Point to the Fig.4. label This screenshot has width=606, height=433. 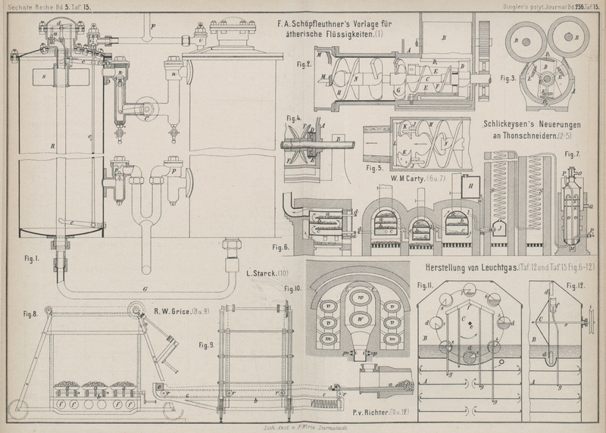[295, 119]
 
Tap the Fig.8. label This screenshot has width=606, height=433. [31, 314]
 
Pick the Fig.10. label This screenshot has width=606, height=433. [294, 288]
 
